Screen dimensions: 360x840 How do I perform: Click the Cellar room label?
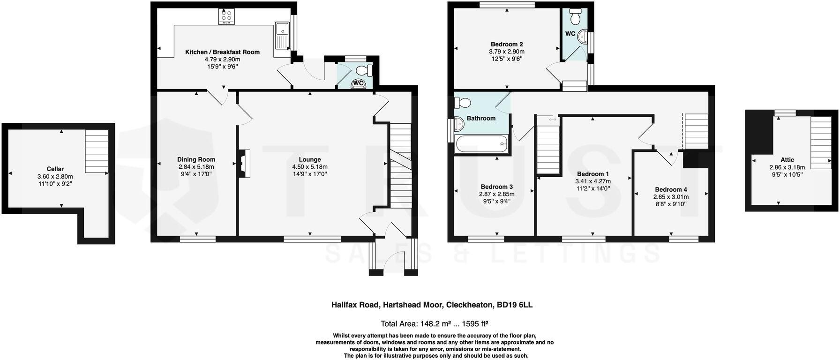click(x=55, y=169)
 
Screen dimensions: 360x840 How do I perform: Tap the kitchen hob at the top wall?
click(x=226, y=17)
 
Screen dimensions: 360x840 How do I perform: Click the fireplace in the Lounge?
click(x=245, y=164)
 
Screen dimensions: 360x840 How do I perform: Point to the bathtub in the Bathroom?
click(x=481, y=144)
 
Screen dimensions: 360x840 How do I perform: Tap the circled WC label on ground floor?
click(x=359, y=83)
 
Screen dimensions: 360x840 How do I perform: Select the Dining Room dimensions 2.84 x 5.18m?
click(x=196, y=167)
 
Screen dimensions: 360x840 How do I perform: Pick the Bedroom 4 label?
click(x=671, y=189)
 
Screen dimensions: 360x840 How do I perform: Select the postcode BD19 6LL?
click(x=514, y=305)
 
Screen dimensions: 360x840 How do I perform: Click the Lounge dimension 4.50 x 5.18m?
click(x=309, y=167)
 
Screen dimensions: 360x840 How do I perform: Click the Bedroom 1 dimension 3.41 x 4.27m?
click(x=593, y=181)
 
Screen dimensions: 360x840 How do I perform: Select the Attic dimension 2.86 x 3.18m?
click(x=787, y=167)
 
